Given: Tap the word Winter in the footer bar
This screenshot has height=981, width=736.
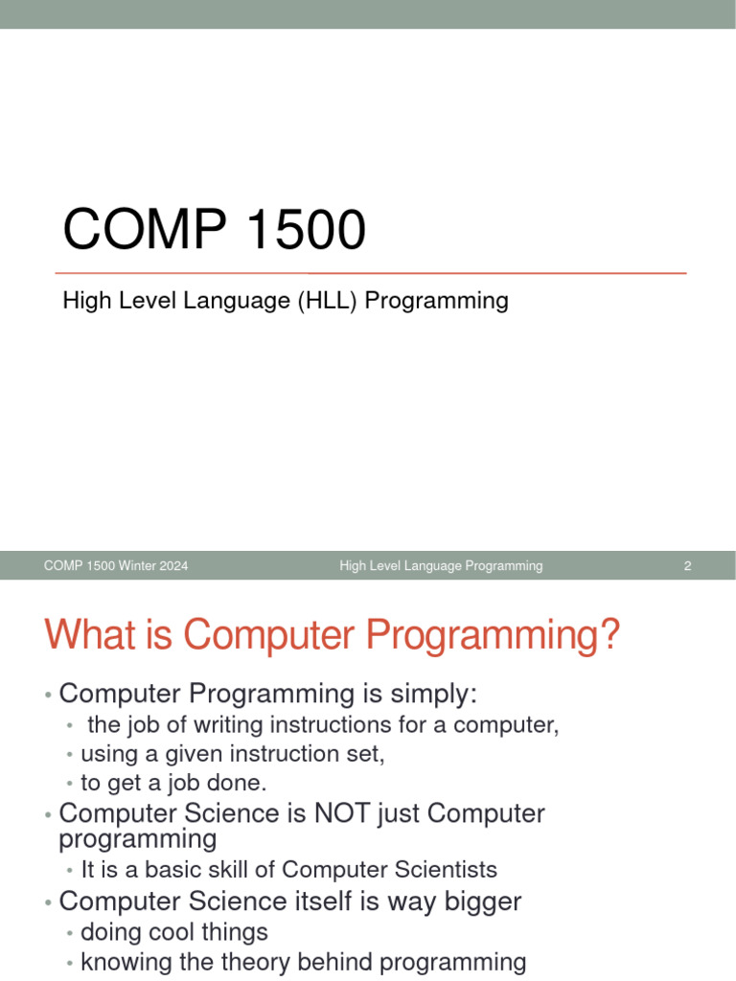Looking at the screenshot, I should pos(136,566).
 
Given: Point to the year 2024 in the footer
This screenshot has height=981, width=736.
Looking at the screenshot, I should pos(172,566).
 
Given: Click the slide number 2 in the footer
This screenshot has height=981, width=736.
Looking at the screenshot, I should pos(687,566).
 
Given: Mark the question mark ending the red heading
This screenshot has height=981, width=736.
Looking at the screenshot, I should pos(609,637).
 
